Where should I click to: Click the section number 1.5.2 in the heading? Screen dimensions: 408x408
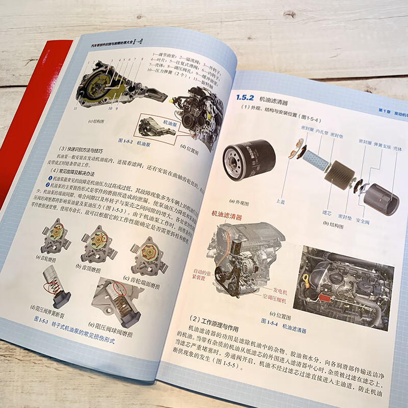[x=244, y=98]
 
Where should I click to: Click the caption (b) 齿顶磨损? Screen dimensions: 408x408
[x=91, y=266]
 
